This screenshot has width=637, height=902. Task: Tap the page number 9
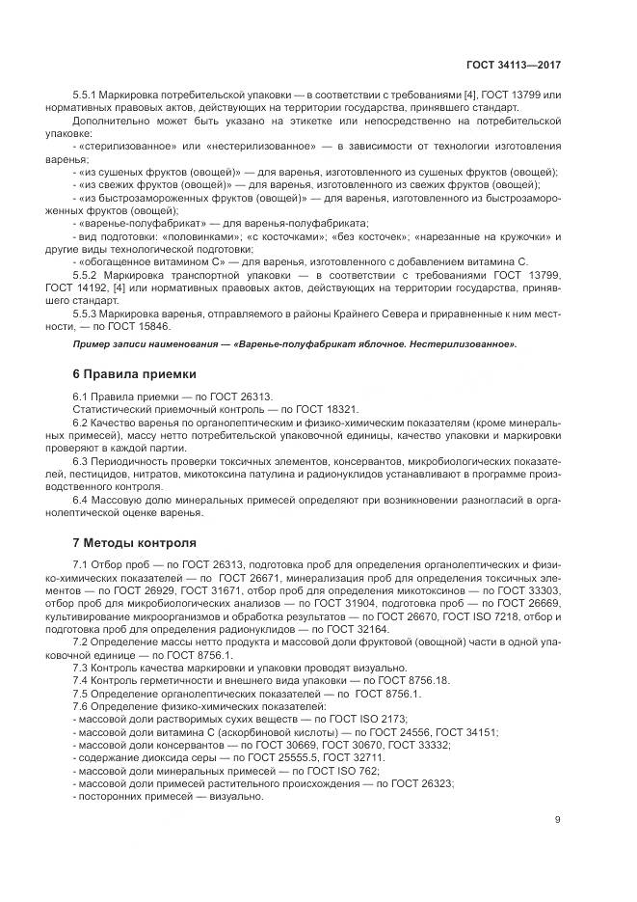[x=558, y=820]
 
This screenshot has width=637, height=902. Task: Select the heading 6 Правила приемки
[x=135, y=373]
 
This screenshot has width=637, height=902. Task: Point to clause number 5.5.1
[x=88, y=96]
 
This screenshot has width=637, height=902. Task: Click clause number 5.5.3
[x=88, y=314]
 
